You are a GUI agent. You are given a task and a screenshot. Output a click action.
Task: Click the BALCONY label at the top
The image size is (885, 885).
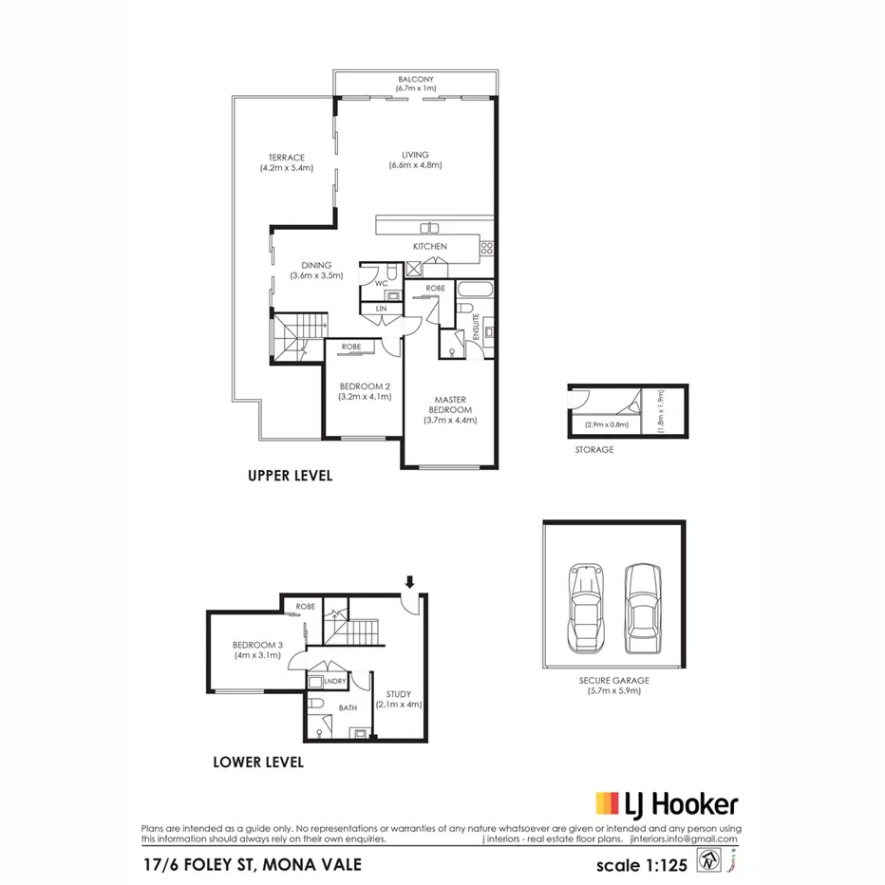point(415,80)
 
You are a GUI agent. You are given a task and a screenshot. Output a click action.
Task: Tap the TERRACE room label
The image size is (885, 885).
point(286,158)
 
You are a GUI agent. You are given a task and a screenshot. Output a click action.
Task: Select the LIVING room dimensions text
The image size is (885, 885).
point(415,165)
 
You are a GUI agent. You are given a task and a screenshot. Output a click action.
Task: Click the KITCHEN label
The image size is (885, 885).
point(429,247)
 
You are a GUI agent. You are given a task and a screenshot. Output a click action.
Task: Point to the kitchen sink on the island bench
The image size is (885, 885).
point(429,227)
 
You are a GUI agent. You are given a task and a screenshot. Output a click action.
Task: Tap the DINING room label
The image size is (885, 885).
point(316,266)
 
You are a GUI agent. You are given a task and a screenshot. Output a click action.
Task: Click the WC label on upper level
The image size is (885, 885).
point(381,283)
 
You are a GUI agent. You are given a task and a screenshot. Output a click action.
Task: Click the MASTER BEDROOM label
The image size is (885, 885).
point(449,405)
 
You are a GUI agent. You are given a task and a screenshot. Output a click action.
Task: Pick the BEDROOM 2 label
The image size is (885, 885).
point(365,386)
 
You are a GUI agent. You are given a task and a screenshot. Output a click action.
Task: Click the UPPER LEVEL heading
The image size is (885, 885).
point(290,476)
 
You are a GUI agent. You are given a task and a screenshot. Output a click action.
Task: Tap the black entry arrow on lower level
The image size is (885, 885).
point(410,581)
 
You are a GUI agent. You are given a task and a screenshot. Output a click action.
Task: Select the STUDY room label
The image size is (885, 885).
point(398,694)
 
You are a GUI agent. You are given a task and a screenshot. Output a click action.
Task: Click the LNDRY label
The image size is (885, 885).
point(333,682)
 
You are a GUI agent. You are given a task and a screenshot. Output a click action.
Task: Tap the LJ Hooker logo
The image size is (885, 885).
point(666,804)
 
